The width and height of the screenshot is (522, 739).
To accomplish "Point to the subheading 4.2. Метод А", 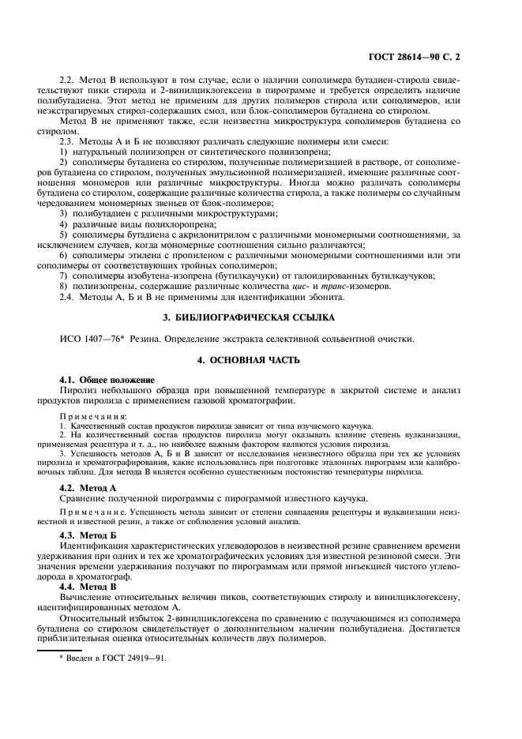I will click(x=88, y=489).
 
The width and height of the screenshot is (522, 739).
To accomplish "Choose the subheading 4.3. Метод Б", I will click(x=88, y=535).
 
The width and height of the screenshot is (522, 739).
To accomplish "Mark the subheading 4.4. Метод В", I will click(x=88, y=587).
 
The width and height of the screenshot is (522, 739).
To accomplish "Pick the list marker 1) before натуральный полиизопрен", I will click(x=64, y=151).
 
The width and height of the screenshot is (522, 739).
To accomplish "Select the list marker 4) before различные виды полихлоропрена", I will click(x=64, y=223).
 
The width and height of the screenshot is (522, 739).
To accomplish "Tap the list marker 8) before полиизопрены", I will click(x=64, y=286).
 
